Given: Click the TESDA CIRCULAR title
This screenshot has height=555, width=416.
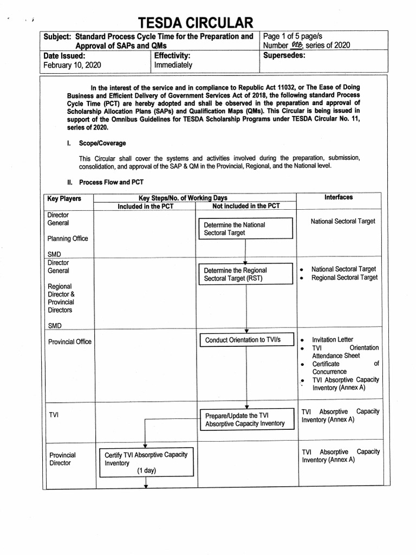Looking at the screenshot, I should [195, 23].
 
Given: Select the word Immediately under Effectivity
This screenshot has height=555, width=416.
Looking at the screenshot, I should [173, 65].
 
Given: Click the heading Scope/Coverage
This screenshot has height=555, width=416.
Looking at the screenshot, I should [102, 143].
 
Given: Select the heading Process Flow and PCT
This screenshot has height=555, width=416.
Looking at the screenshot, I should [111, 182].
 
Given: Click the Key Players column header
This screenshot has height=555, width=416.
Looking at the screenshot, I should [64, 198].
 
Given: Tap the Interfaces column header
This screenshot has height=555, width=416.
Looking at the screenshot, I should [339, 197].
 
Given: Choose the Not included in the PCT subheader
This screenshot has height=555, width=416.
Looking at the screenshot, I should [246, 206].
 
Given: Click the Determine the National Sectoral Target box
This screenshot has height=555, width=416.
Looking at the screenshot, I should [246, 229].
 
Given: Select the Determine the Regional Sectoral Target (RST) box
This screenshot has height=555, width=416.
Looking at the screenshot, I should [246, 274].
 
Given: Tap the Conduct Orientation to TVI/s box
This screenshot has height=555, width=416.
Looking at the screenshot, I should [246, 340].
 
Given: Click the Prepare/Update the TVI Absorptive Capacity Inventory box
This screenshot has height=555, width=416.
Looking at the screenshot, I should [246, 420].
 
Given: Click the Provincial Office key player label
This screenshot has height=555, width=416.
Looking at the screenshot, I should [70, 341].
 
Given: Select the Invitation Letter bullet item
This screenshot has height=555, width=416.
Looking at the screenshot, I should [333, 339].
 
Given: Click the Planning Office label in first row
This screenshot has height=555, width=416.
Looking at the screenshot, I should [68, 238].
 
